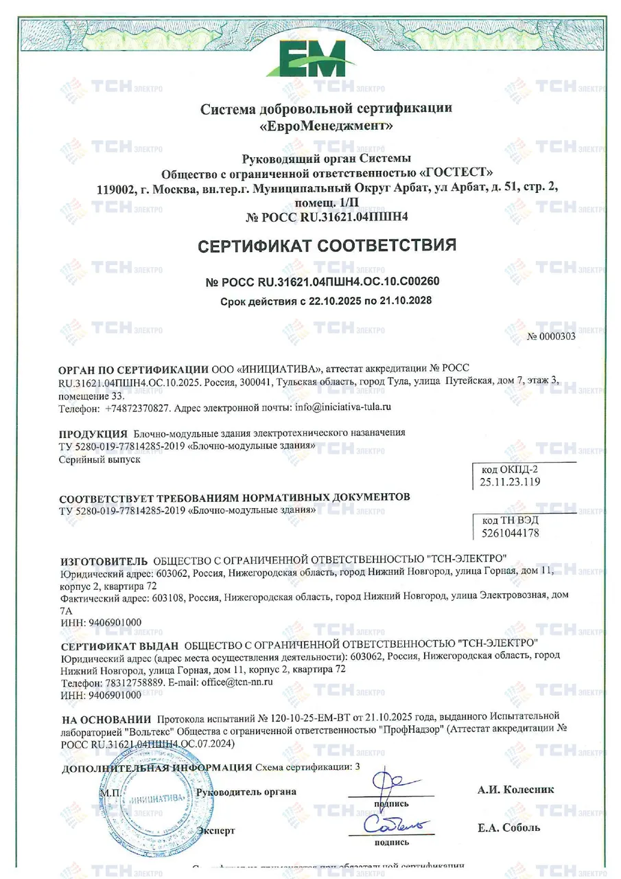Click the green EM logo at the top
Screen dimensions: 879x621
[311, 58]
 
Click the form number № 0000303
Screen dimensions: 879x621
[551, 336]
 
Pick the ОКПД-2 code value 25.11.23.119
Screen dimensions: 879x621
[506, 481]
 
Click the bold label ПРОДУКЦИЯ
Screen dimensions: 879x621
[93, 434]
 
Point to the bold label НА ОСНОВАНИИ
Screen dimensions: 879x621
[106, 720]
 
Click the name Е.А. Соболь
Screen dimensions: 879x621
[508, 827]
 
